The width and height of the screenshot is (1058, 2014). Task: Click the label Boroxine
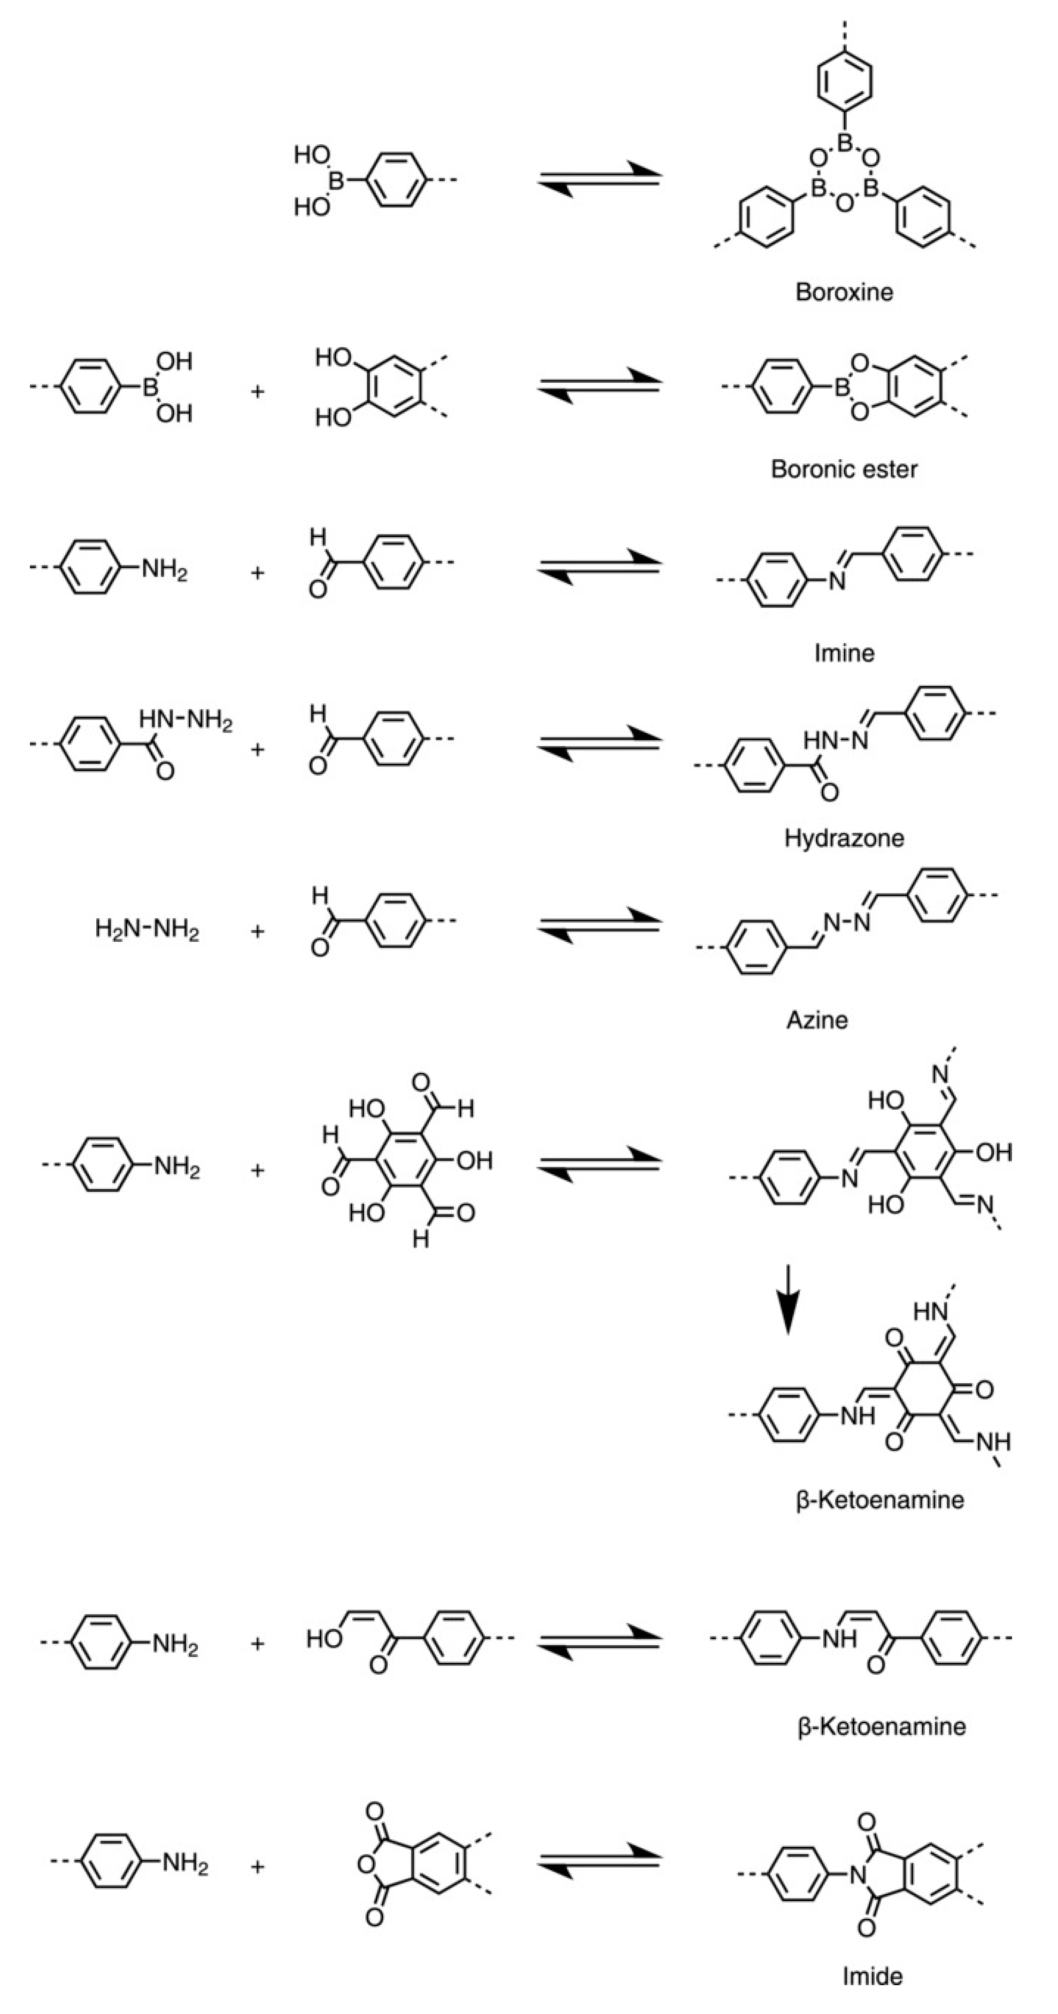tap(844, 292)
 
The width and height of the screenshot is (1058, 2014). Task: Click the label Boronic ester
tap(844, 469)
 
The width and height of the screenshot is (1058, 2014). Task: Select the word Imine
tap(844, 653)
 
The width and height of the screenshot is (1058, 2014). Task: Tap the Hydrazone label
tap(844, 838)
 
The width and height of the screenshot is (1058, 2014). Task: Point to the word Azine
tap(817, 1019)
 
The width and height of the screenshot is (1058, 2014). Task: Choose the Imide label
tap(872, 1977)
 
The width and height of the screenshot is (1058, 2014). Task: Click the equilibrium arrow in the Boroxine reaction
tap(599, 179)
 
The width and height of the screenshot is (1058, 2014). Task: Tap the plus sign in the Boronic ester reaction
tap(257, 391)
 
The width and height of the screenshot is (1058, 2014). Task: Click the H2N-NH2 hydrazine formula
tap(147, 931)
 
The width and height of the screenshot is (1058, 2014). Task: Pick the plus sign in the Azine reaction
tap(257, 931)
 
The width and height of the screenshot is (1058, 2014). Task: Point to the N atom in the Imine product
tap(837, 583)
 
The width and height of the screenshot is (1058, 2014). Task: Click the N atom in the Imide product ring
tap(859, 1874)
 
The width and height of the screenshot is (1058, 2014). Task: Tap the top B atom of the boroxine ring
tap(844, 142)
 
